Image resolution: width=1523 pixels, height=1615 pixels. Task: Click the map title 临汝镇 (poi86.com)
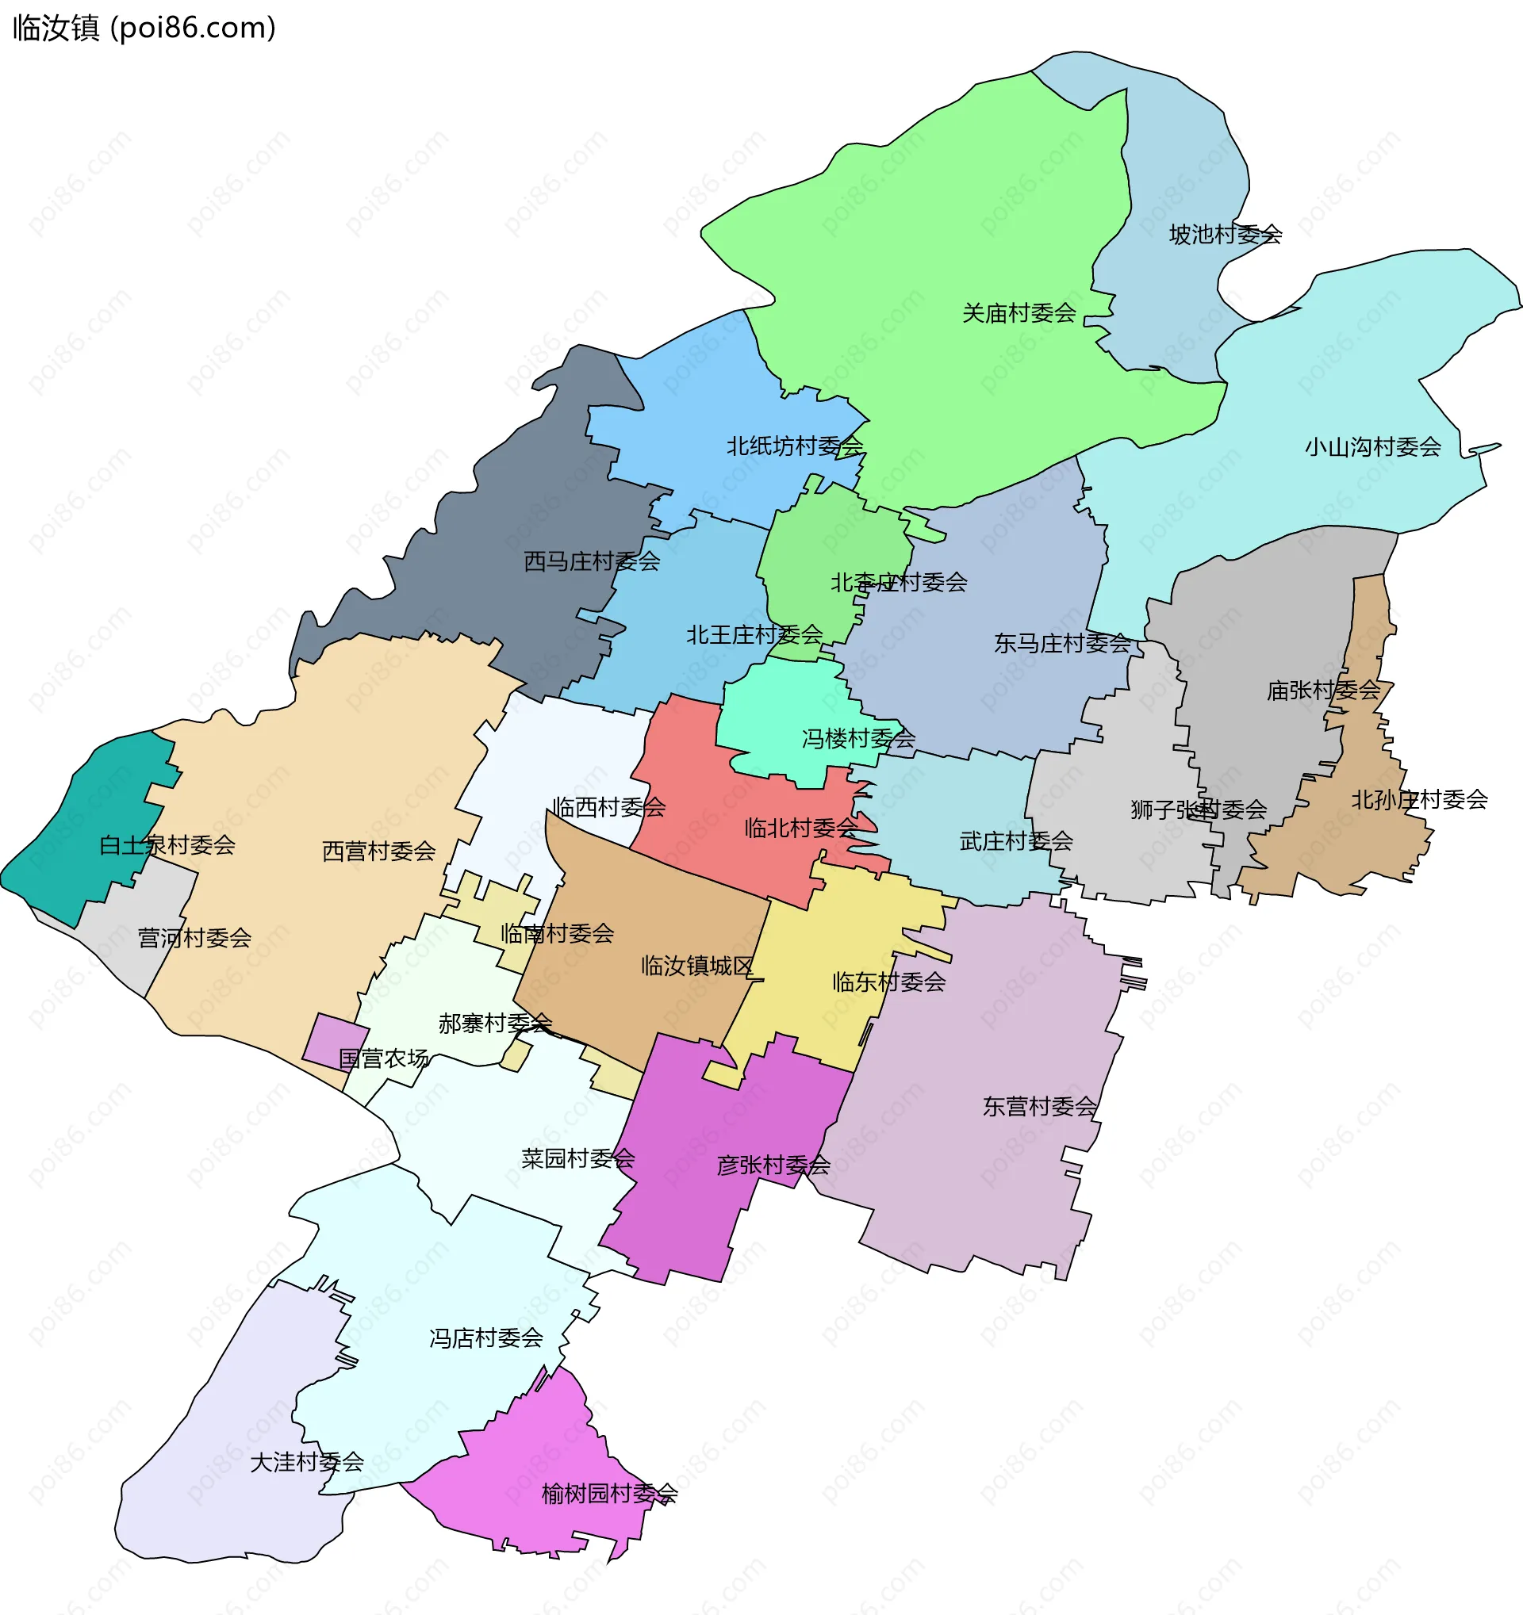pyautogui.click(x=144, y=29)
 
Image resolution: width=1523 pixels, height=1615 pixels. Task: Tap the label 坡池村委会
pyautogui.click(x=1225, y=235)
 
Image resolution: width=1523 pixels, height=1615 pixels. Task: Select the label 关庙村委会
pyautogui.click(x=1019, y=312)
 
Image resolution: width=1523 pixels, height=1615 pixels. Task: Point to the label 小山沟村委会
pyautogui.click(x=1372, y=447)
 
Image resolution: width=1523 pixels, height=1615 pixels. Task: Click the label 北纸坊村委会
pyautogui.click(x=794, y=446)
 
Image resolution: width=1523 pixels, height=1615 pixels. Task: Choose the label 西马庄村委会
pyautogui.click(x=592, y=561)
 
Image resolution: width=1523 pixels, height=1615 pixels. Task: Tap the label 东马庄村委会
pyautogui.click(x=1062, y=644)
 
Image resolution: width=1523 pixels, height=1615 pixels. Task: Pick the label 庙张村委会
pyautogui.click(x=1323, y=691)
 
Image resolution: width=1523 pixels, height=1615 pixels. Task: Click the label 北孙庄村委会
pyautogui.click(x=1419, y=799)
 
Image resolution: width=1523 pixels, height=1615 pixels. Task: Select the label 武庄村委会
pyautogui.click(x=1016, y=841)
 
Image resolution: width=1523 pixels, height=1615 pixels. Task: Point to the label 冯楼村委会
pyautogui.click(x=858, y=738)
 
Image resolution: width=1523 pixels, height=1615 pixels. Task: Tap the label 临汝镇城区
pyautogui.click(x=697, y=966)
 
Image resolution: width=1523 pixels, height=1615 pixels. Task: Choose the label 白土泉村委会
pyautogui.click(x=167, y=845)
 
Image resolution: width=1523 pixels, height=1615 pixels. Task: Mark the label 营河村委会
pyautogui.click(x=194, y=938)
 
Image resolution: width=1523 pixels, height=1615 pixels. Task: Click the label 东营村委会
pyautogui.click(x=1038, y=1107)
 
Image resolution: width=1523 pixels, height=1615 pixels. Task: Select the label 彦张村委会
pyautogui.click(x=773, y=1165)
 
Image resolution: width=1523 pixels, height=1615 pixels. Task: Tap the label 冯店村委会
pyautogui.click(x=486, y=1338)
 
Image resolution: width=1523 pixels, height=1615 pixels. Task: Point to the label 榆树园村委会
pyautogui.click(x=609, y=1493)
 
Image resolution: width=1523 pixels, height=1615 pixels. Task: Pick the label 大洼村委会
pyautogui.click(x=306, y=1462)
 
